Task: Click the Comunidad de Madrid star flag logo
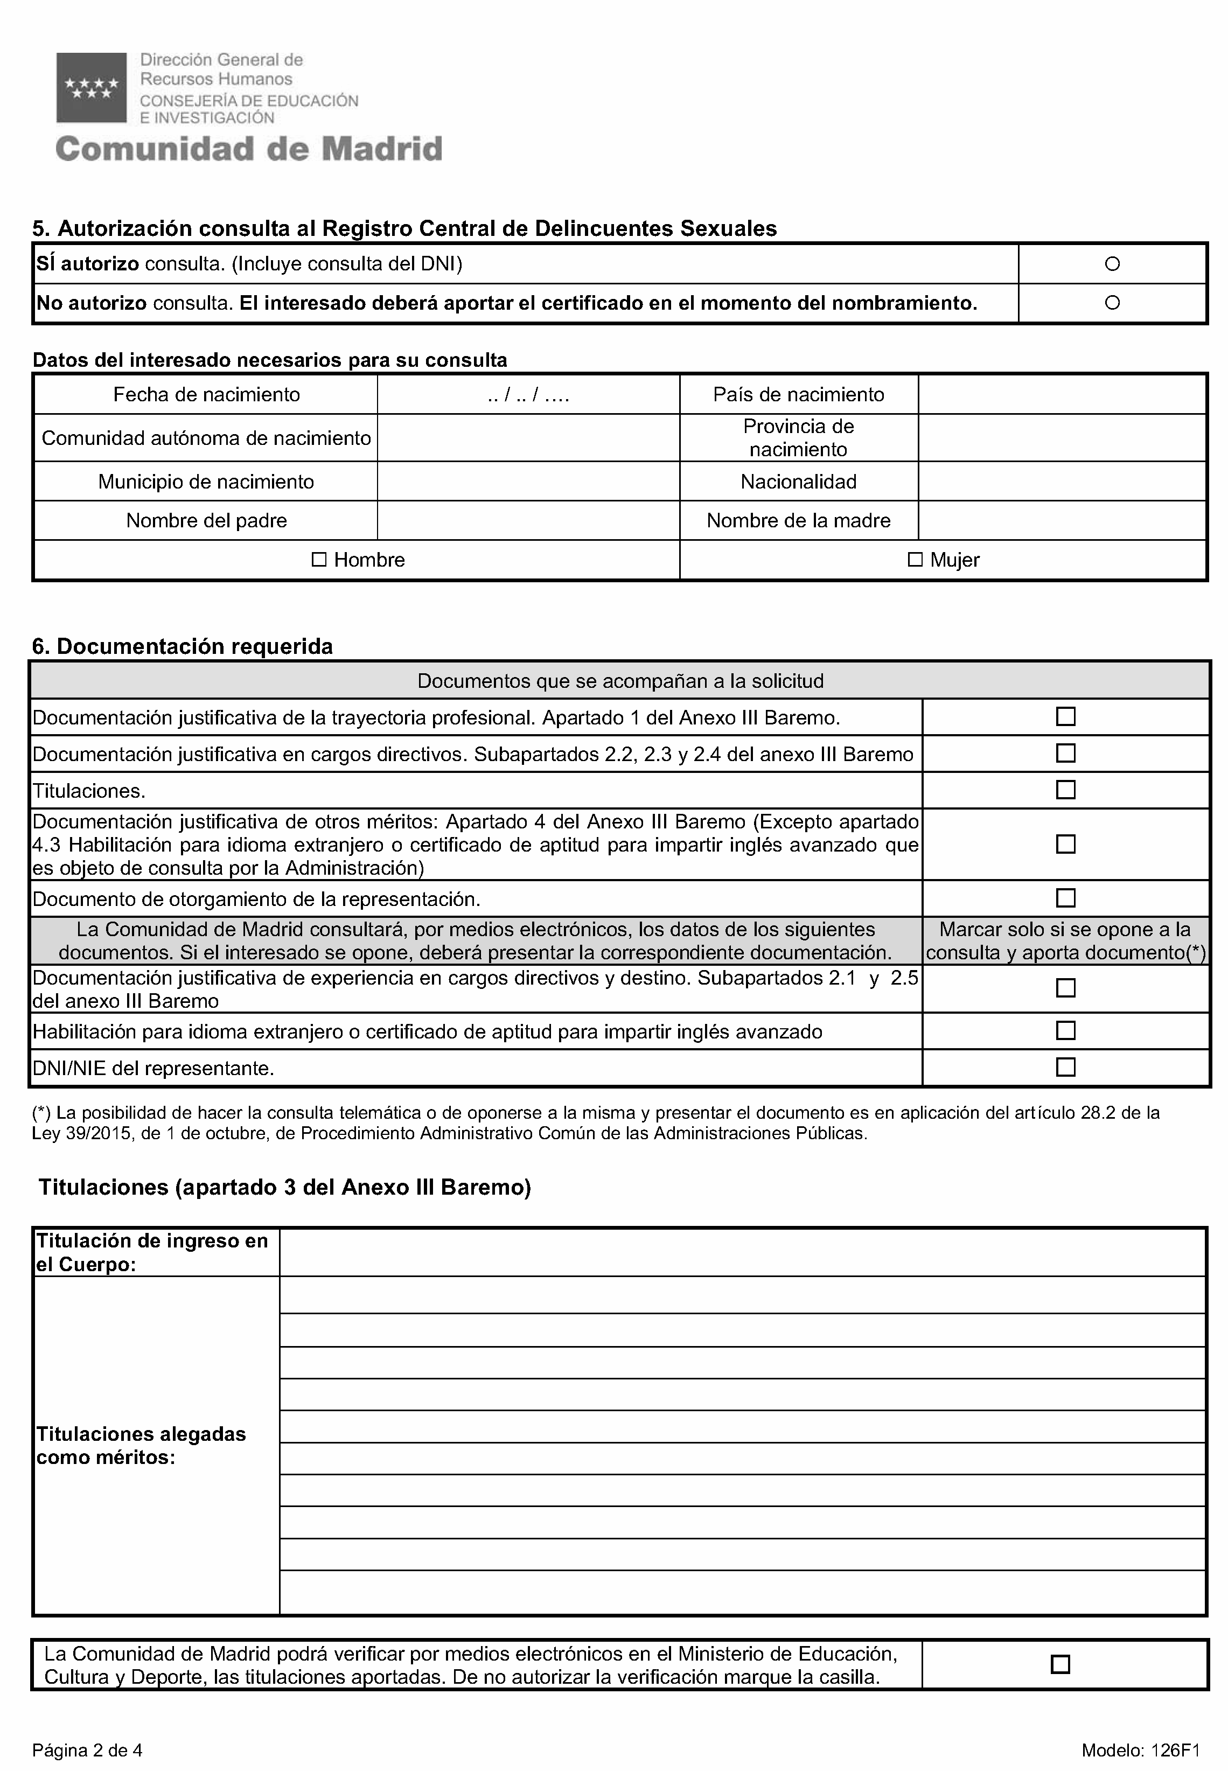pyautogui.click(x=92, y=88)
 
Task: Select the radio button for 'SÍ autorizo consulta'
pyautogui.click(x=1112, y=264)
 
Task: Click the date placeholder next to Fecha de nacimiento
pyautogui.click(x=528, y=395)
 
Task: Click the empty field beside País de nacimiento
pyautogui.click(x=1061, y=395)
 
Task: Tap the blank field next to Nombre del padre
pyautogui.click(x=528, y=521)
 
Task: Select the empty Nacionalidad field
pyautogui.click(x=1061, y=482)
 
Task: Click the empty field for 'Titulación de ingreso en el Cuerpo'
pyautogui.click(x=742, y=1252)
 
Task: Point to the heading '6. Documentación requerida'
pyautogui.click(x=183, y=646)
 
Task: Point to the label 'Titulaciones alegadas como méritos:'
pyautogui.click(x=141, y=1446)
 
